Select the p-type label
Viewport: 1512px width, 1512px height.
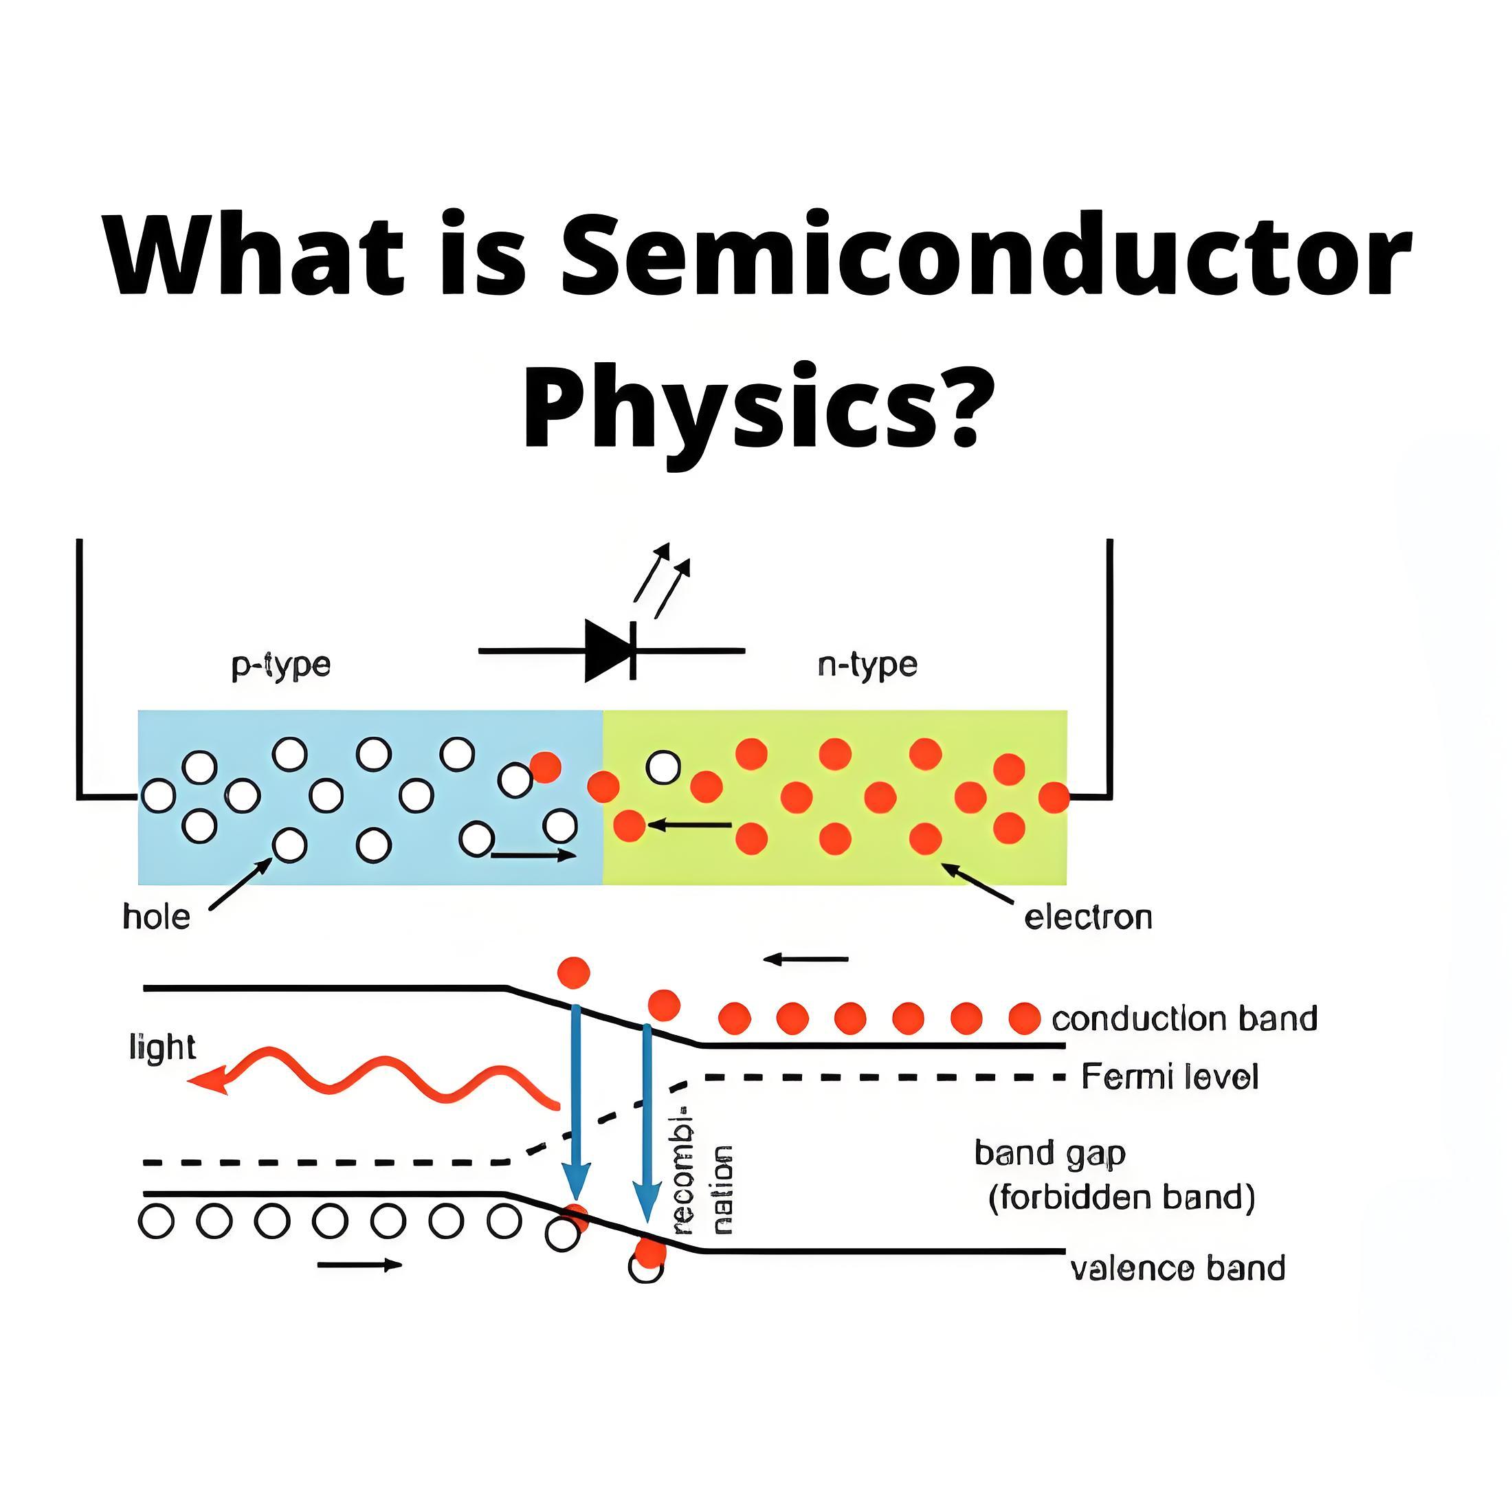coord(281,666)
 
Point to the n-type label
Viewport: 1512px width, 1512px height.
coord(867,665)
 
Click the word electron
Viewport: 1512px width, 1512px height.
coord(1088,918)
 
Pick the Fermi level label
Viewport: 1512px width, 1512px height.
coord(1169,1078)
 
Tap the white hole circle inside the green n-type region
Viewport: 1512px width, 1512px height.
coord(663,768)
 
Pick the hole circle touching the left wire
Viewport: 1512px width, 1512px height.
coord(158,796)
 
